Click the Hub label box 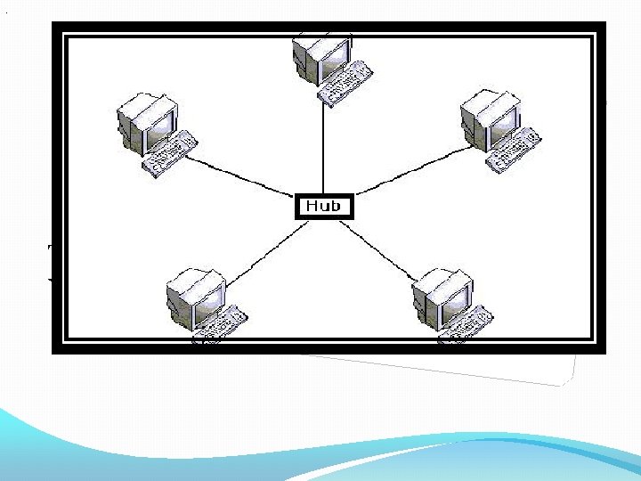pos(323,206)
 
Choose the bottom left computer pos(203,303)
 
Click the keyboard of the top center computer pos(346,83)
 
